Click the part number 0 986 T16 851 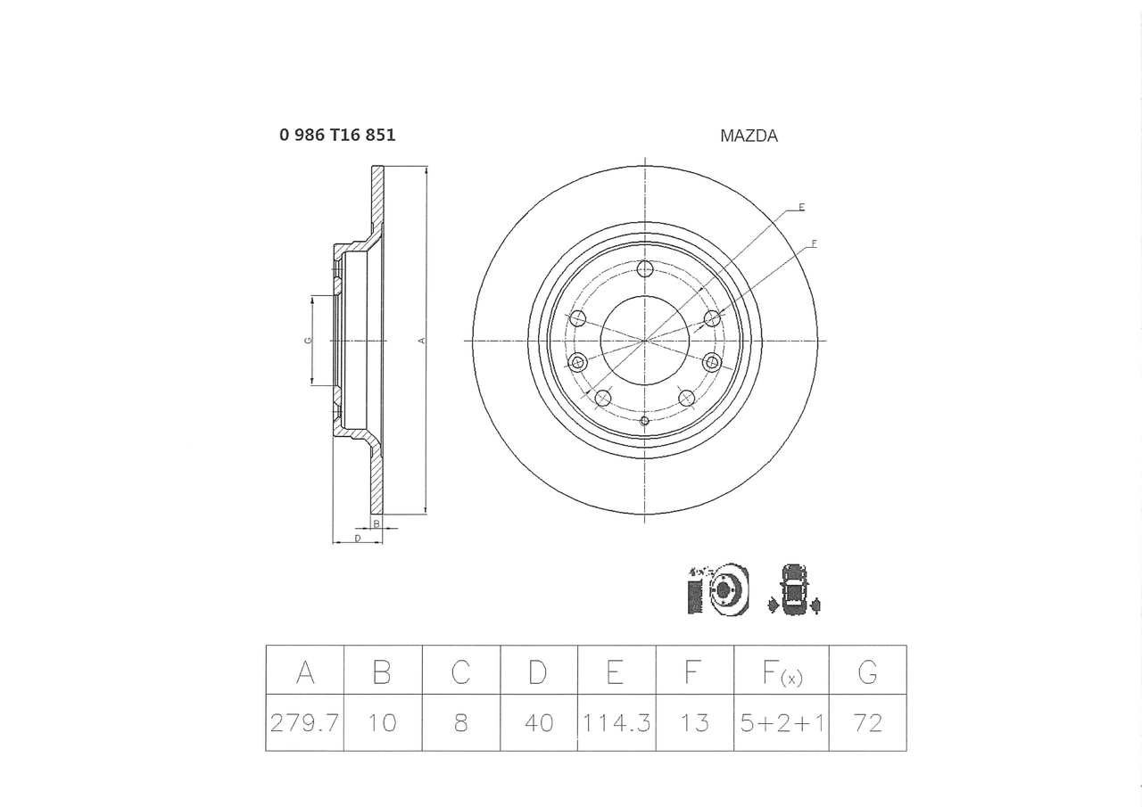337,136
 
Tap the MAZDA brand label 749,136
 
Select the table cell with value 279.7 304,722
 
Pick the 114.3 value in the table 617,722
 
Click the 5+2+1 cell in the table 782,722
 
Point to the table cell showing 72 867,722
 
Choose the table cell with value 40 539,722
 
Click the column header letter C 460,671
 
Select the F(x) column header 782,672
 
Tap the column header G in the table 867,671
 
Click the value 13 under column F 694,722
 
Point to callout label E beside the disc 801,207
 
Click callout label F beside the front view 814,243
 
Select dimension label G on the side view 307,341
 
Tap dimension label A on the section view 422,341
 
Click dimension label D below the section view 357,539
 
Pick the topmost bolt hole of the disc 645,268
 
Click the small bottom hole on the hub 645,420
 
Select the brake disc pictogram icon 718,589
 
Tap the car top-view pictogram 792,589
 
